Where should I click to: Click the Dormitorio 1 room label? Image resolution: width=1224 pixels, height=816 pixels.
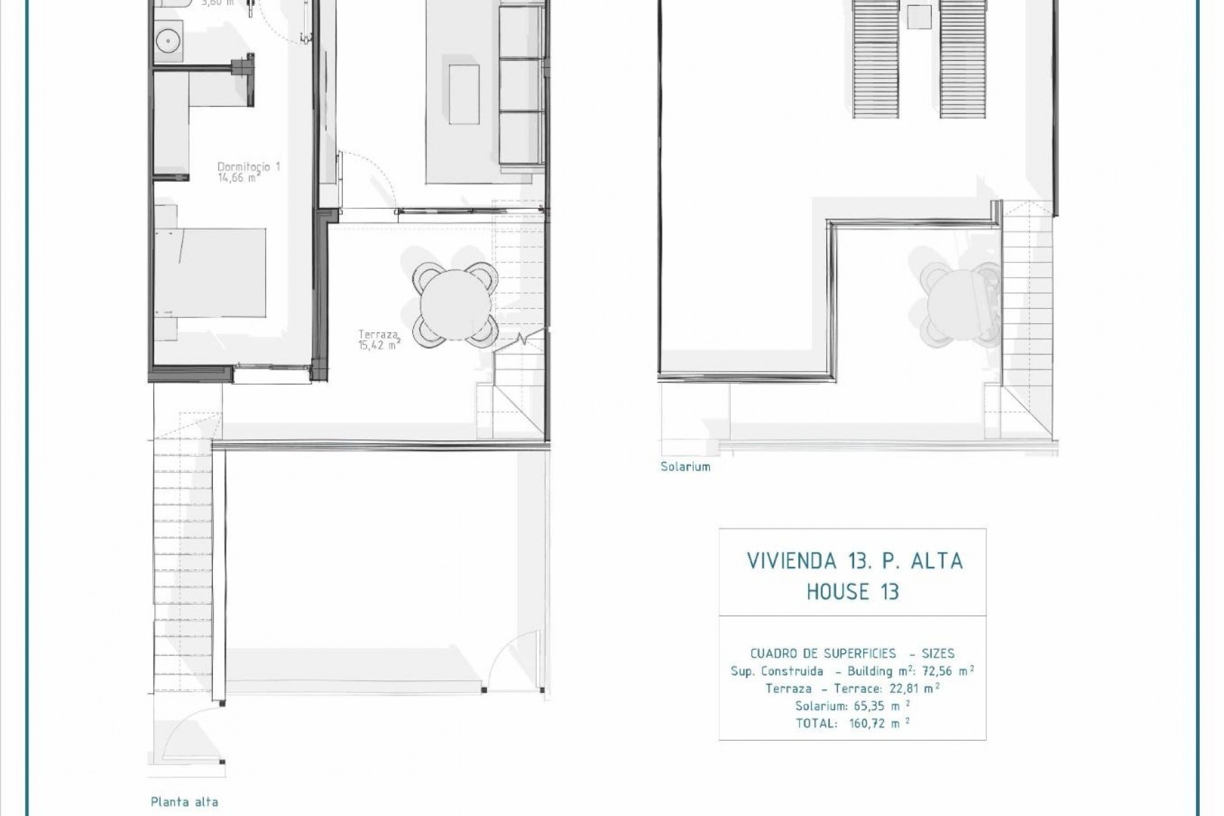click(249, 166)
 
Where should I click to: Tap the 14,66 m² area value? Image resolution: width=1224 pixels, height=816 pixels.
click(238, 178)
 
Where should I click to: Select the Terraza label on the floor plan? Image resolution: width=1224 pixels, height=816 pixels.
click(379, 333)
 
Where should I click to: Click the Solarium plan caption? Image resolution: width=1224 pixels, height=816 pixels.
click(685, 467)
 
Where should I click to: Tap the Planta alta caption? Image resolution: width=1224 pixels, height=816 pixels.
click(184, 802)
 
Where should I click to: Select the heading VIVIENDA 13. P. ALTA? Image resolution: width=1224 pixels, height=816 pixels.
click(854, 561)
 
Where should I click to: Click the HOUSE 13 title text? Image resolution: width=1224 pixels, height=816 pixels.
click(852, 592)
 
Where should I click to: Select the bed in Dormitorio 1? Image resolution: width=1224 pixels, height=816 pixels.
click(210, 273)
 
